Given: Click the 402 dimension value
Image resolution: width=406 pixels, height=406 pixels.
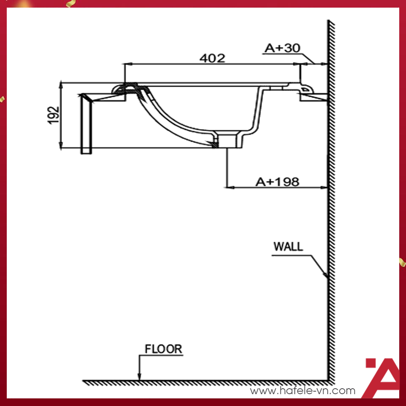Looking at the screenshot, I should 212,58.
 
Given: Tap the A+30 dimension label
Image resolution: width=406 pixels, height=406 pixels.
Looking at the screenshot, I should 282,48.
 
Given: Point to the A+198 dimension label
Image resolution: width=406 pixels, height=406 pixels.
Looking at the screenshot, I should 277,181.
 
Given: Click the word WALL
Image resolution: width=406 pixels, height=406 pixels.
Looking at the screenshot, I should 288,247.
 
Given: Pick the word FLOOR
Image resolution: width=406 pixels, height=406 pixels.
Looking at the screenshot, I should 163,349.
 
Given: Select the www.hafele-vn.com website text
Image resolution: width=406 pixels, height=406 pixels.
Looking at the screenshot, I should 302,391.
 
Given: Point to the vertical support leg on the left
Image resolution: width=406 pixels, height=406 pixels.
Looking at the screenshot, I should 86,125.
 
